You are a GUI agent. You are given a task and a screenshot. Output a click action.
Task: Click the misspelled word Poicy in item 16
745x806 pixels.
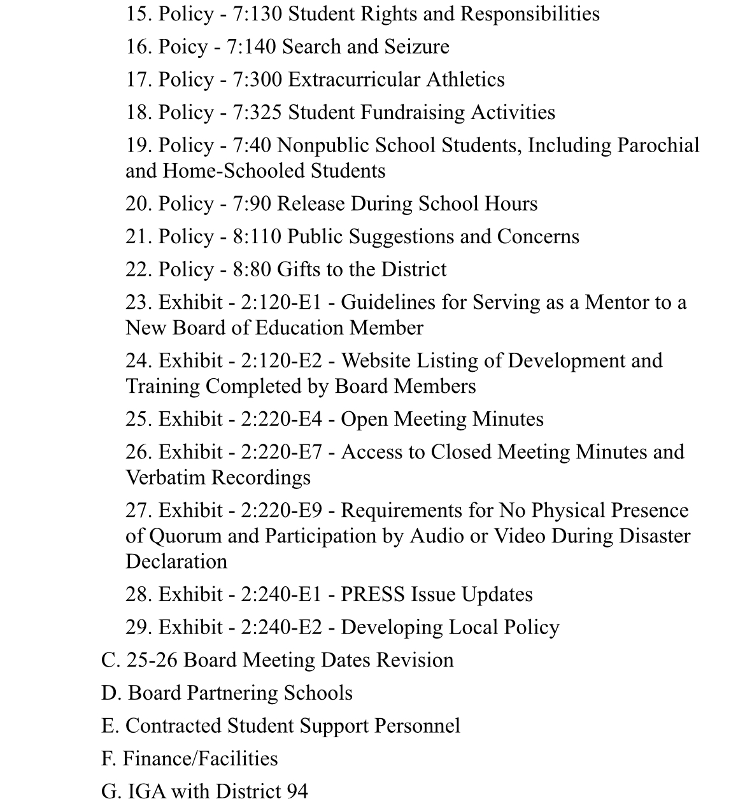pos(183,46)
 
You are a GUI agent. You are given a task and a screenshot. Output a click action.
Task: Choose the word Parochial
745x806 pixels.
pos(658,145)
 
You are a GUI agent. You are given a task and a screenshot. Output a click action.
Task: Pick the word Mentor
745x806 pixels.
pos(619,302)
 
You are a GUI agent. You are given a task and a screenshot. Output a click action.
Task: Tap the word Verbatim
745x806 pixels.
pos(166,477)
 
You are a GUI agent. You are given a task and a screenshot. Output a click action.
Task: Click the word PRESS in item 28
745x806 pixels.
pos(372,594)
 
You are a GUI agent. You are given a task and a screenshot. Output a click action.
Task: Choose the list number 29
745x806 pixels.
pos(138,627)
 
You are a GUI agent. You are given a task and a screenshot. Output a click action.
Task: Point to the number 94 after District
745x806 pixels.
pos(297,791)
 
